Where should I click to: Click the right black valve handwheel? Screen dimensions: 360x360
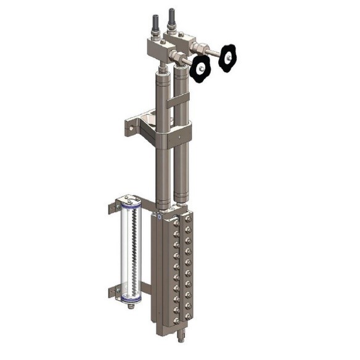click(x=227, y=57)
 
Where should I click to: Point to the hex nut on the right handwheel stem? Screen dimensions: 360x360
click(x=201, y=48)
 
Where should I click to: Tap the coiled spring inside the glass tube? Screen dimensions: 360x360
click(x=131, y=252)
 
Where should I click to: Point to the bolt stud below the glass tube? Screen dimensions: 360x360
click(x=131, y=306)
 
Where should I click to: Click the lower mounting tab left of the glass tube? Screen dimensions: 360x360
click(x=113, y=290)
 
